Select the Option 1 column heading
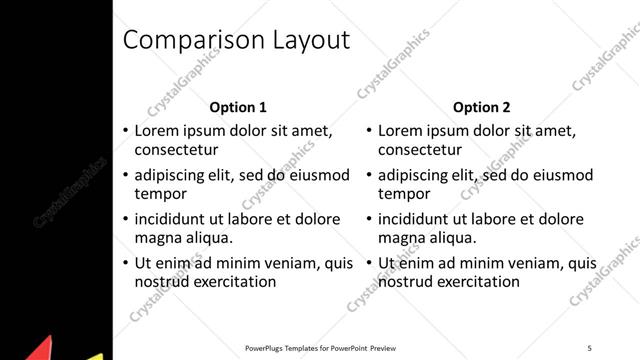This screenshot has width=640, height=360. [238, 107]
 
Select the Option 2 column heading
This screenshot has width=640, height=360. [481, 107]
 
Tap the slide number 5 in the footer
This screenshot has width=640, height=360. [589, 348]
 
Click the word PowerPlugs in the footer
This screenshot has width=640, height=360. [265, 348]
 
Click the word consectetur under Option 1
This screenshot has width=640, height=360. [176, 150]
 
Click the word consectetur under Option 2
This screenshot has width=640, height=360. [420, 150]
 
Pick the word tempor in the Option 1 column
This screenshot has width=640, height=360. [162, 194]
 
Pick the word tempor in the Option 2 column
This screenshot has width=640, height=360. [405, 194]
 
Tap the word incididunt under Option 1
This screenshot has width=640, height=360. [173, 219]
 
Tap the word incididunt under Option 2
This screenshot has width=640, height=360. [417, 219]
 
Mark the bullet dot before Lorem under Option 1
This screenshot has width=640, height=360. [125, 131]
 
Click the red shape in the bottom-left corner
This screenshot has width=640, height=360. [40, 350]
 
